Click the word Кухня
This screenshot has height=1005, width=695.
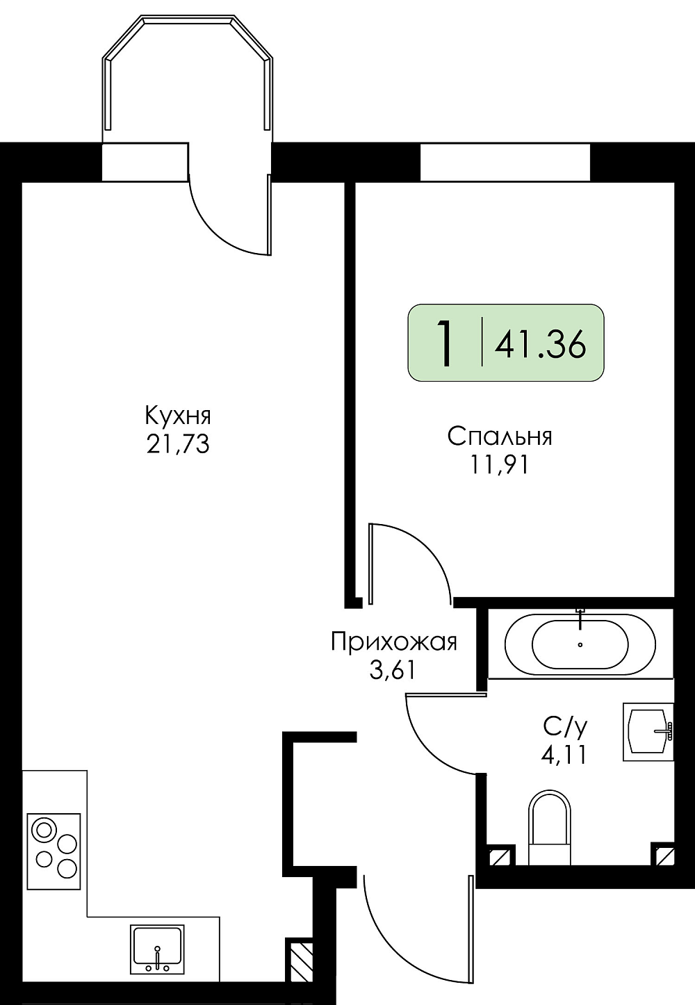point(178,418)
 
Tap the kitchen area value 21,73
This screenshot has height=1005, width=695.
point(178,445)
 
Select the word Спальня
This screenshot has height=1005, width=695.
point(500,436)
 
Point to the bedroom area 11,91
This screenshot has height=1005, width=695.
point(498,465)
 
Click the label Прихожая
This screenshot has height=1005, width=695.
point(394,643)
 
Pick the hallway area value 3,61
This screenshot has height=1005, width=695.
point(392,670)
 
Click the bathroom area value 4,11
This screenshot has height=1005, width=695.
point(564,755)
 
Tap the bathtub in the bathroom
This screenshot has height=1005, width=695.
point(580,645)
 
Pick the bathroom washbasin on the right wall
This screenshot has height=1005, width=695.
point(648,732)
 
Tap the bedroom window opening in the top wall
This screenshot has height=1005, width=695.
point(505,162)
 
